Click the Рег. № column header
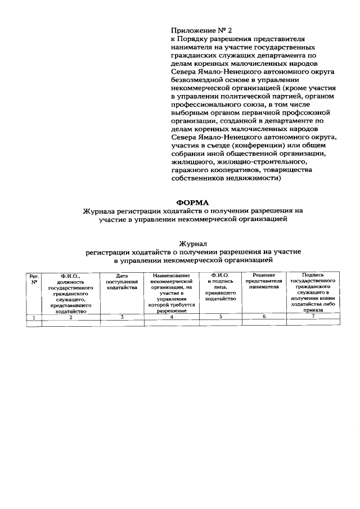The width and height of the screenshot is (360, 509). click(34, 280)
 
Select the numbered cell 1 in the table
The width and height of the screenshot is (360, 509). click(34, 317)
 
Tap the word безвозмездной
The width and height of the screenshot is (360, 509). click(198, 80)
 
